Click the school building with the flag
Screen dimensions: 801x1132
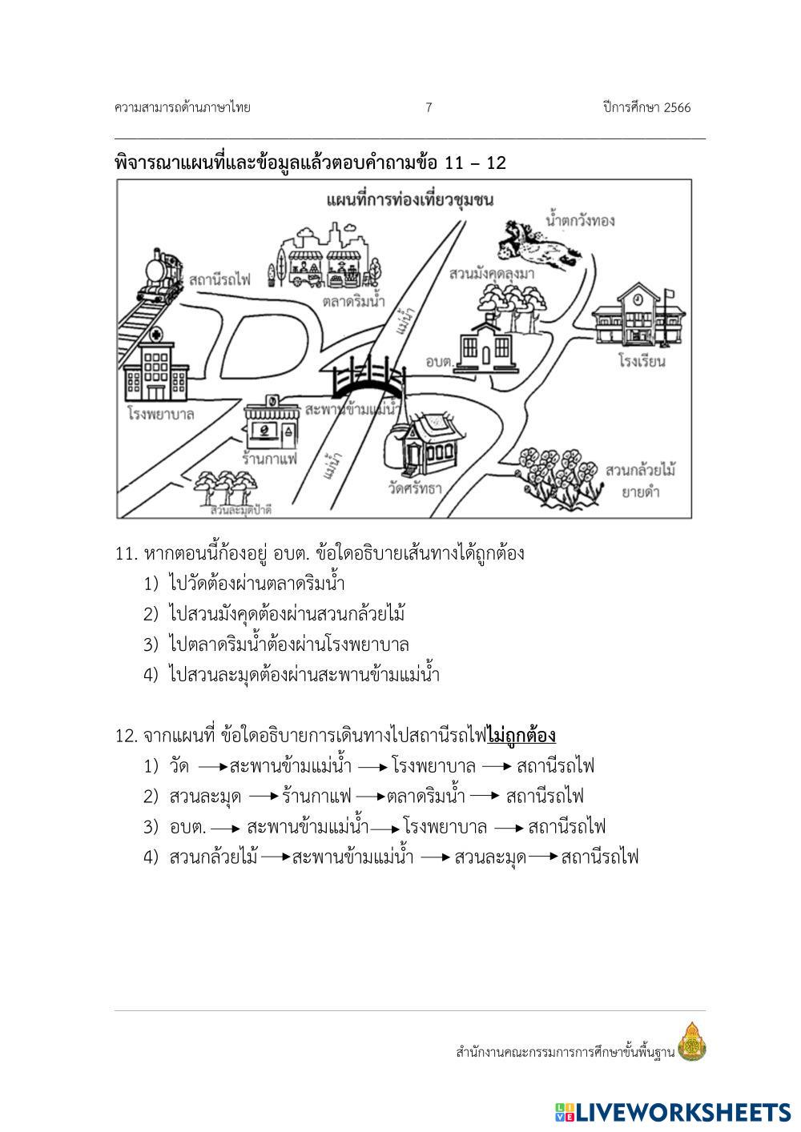(639, 314)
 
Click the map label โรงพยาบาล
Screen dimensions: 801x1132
(161, 414)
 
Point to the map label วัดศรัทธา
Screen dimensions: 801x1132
(415, 488)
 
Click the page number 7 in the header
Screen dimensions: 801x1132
(429, 107)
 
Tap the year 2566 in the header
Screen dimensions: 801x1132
(677, 107)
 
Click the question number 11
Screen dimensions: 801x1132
(127, 553)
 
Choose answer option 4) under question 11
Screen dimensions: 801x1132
(292, 675)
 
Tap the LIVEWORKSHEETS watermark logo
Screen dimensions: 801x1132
(672, 1111)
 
